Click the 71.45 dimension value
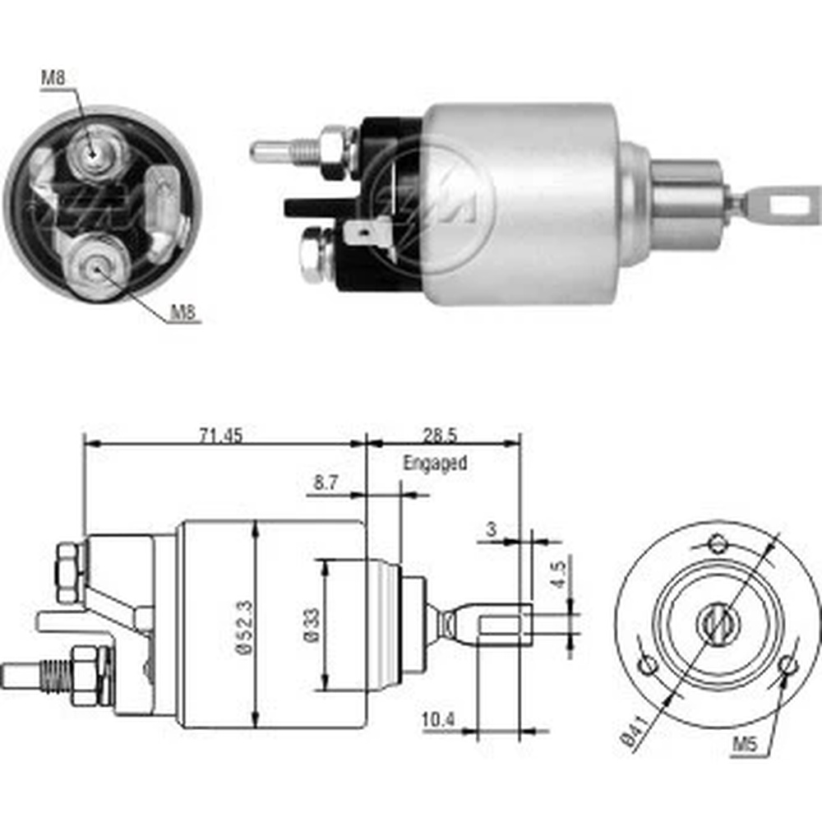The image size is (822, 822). [220, 435]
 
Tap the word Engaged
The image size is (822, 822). [435, 464]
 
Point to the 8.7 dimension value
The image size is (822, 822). [326, 483]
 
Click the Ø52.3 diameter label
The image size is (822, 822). [245, 627]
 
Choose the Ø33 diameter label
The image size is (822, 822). [312, 625]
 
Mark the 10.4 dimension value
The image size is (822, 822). [438, 720]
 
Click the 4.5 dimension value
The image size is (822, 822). [559, 574]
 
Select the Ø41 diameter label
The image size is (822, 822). [635, 730]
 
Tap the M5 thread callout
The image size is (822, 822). [745, 744]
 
